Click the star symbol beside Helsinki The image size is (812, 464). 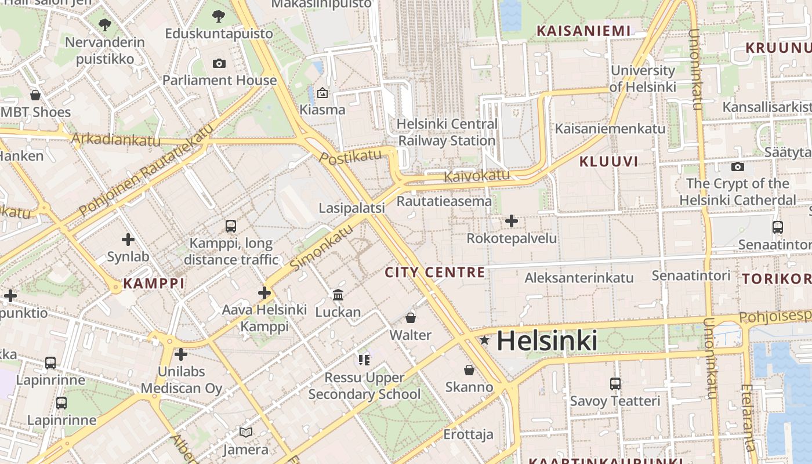tap(484, 340)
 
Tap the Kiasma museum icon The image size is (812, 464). tap(322, 93)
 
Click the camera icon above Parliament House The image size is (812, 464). tap(219, 63)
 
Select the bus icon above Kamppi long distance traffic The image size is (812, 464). tap(231, 226)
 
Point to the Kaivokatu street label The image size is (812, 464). tap(477, 175)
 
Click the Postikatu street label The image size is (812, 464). tap(351, 157)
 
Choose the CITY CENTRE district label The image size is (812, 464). tap(435, 272)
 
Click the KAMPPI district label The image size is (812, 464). tap(154, 284)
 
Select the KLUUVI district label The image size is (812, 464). tap(609, 161)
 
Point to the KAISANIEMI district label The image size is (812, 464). tap(583, 31)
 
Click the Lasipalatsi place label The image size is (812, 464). tap(352, 208)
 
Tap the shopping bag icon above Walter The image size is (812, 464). tap(411, 318)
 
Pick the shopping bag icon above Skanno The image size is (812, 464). tap(469, 369)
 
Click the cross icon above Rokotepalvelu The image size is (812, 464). tap(512, 221)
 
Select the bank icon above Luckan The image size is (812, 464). tap(338, 295)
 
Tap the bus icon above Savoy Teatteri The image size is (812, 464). tap(615, 383)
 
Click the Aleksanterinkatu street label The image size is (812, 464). tap(579, 278)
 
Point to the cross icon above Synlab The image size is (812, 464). tap(128, 239)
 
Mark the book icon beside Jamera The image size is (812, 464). tap(246, 432)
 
